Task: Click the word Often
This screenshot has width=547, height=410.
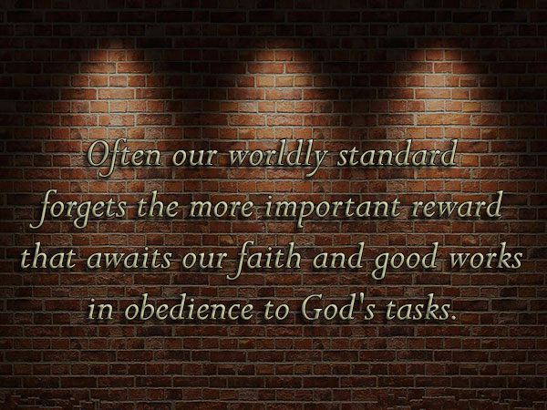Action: click(x=124, y=156)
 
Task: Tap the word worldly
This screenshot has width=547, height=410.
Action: click(x=278, y=157)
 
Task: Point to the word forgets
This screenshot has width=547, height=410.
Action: click(x=78, y=209)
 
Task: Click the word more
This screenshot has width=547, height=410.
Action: click(x=222, y=209)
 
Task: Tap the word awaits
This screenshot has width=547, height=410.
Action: click(x=129, y=258)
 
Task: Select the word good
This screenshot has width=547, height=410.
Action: click(x=404, y=260)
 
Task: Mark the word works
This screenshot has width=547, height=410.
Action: click(x=486, y=256)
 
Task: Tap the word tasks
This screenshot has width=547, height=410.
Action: click(x=417, y=308)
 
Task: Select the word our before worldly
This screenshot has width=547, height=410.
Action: click(x=194, y=158)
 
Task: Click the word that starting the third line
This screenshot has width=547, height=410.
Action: click(x=48, y=257)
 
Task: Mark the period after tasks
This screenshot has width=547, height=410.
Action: click(x=453, y=317)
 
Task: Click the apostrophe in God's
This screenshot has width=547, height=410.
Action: click(x=358, y=299)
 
